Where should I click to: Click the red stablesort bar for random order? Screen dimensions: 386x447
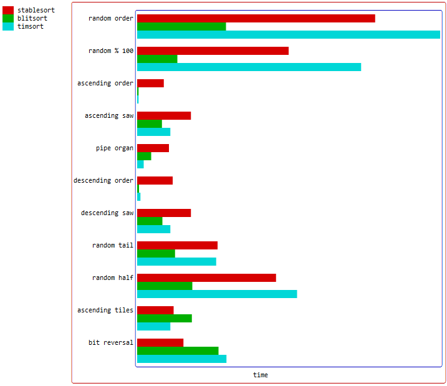tap(256, 18)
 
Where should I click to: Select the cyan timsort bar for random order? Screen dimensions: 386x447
tap(288, 34)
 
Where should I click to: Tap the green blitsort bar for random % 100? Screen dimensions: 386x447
tap(157, 59)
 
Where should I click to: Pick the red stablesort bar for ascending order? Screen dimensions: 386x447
tap(150, 83)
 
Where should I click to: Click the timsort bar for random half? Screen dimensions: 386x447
tap(217, 294)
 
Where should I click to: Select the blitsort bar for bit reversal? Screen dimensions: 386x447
tap(178, 350)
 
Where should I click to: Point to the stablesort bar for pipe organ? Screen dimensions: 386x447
tap(153, 148)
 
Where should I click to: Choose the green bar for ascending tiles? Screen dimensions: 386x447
tap(164, 318)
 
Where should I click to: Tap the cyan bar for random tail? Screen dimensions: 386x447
tap(176, 261)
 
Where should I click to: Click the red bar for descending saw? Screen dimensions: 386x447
tap(164, 213)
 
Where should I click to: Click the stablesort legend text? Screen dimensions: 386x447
tap(36, 11)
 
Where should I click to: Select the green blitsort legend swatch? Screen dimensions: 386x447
tap(8, 19)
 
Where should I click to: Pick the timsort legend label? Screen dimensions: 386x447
tap(31, 27)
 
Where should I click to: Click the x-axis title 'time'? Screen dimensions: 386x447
tap(261, 375)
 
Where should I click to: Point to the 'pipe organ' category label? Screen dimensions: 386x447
tap(115, 148)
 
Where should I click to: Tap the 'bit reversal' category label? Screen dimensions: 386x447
tap(111, 343)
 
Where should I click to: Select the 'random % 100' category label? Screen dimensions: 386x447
tap(111, 51)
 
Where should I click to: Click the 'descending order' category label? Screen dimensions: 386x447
tap(103, 181)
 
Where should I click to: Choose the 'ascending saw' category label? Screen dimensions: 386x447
tap(109, 116)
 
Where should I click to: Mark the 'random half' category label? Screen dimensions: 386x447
tap(113, 278)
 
